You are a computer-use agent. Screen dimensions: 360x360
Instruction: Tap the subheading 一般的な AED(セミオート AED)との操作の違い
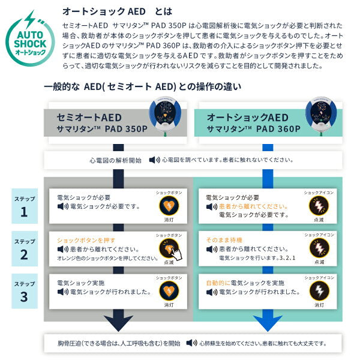143,86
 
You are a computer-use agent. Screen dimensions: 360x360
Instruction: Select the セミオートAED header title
84,118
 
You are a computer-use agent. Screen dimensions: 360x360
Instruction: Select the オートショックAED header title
247,118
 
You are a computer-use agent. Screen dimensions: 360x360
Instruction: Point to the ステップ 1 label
24,205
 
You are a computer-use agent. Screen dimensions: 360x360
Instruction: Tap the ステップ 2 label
24,248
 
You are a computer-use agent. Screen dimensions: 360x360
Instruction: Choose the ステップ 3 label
24,290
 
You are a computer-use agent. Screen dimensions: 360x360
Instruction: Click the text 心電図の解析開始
115,160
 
